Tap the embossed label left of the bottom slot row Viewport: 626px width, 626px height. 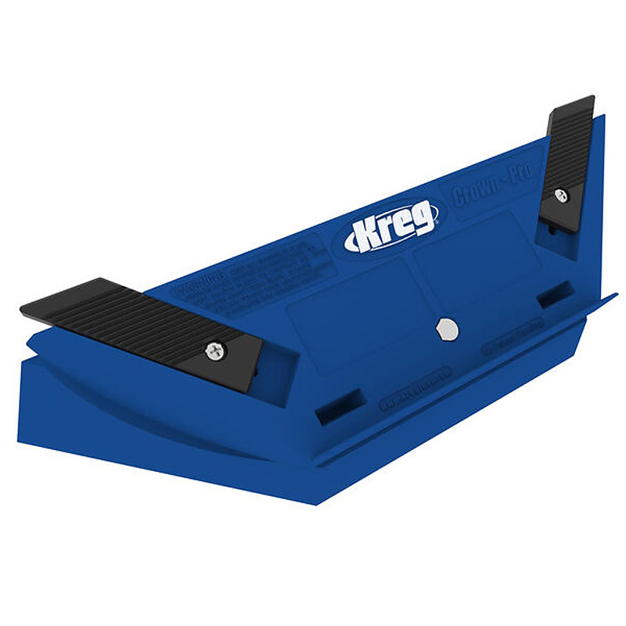click(415, 388)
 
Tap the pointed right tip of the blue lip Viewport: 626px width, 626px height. click(614, 296)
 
